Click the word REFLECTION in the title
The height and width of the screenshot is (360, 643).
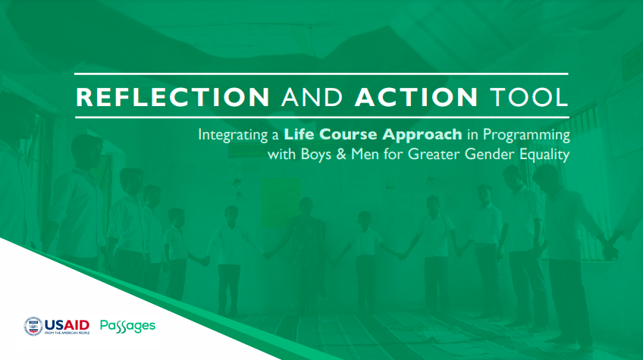tap(173, 97)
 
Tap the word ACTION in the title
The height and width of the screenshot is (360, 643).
tap(416, 97)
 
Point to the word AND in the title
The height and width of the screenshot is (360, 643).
tap(312, 97)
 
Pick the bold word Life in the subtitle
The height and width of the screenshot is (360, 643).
tap(299, 134)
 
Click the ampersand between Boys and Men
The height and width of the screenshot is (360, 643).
tap(341, 155)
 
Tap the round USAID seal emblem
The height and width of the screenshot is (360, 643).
tap(33, 327)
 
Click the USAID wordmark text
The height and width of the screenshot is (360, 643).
tap(67, 326)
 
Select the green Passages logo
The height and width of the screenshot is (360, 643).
tap(127, 327)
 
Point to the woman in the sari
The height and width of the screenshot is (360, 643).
tap(306, 254)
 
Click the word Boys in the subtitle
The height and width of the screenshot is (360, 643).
tap(315, 155)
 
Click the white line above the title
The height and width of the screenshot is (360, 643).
tap(321, 74)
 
